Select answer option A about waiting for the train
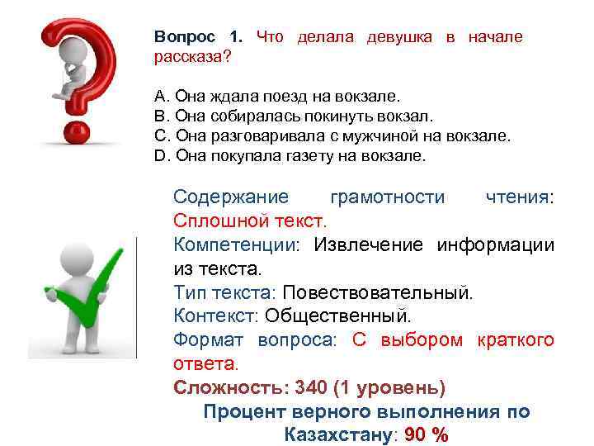click(x=276, y=97)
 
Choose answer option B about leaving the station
click(x=293, y=116)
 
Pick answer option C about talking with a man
click(x=332, y=136)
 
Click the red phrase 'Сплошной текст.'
click(x=250, y=221)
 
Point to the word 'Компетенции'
click(x=238, y=244)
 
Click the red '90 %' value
click(x=428, y=435)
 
